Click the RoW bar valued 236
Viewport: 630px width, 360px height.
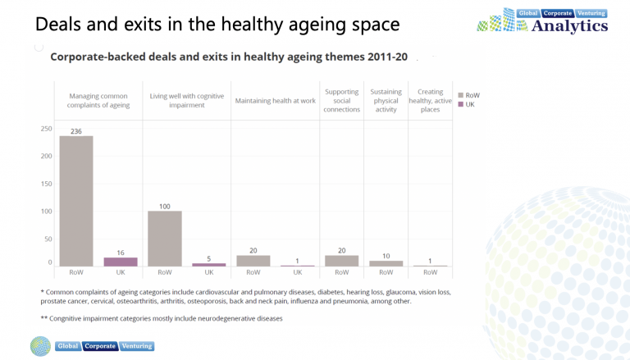(76, 200)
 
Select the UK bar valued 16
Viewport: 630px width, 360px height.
(121, 262)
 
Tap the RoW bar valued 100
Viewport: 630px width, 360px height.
(165, 238)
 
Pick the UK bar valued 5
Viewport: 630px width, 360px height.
(209, 264)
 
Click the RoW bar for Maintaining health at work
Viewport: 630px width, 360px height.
(253, 261)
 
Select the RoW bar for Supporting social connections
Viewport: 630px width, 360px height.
(342, 261)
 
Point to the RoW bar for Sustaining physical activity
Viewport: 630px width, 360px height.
(386, 263)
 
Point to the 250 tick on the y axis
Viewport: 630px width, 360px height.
(46, 129)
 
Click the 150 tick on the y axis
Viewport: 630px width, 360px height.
(46, 184)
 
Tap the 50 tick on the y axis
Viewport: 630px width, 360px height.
(48, 239)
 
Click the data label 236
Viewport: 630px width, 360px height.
(76, 131)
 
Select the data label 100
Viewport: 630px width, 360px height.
(165, 206)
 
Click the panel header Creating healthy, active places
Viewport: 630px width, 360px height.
(429, 101)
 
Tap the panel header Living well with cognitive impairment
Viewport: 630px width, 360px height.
(187, 101)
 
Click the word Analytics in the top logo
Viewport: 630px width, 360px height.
(570, 26)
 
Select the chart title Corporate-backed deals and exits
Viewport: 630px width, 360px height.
(229, 57)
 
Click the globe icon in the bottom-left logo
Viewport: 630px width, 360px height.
(40, 346)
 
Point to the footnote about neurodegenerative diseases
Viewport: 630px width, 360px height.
(161, 318)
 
